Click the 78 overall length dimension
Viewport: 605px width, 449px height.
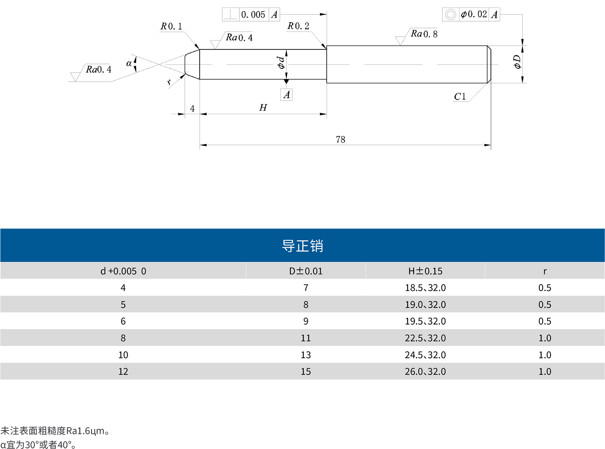tap(340, 140)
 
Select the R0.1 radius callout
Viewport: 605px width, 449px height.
tap(171, 26)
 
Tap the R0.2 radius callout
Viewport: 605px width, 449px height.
tap(298, 26)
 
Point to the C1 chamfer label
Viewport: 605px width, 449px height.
tap(460, 97)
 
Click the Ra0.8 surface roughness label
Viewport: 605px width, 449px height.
tap(424, 34)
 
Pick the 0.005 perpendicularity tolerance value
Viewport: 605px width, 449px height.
tap(253, 15)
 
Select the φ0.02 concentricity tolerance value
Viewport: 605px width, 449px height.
tap(474, 14)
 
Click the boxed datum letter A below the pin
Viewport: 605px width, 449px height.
tap(287, 95)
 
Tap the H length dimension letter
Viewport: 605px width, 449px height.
tap(263, 108)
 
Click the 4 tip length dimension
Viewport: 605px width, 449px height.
tap(192, 109)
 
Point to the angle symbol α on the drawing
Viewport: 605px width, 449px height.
tap(129, 64)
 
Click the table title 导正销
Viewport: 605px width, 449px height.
tap(302, 246)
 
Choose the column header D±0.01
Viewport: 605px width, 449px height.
tap(306, 271)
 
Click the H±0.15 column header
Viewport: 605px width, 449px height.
tap(425, 271)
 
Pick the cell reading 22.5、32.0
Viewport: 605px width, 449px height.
tap(425, 338)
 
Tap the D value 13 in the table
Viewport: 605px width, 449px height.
tap(306, 355)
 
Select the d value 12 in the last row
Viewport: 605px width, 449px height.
tap(123, 372)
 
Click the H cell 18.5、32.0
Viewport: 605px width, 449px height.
tap(425, 288)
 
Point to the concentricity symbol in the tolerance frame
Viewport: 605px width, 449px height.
tap(450, 15)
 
